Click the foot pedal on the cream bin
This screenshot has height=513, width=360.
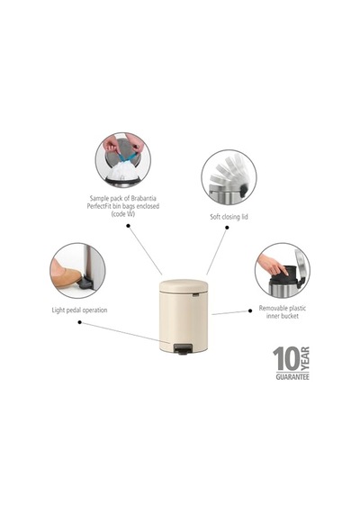tap(181, 349)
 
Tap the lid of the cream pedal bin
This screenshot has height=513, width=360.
tap(184, 285)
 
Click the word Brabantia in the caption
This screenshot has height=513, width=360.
tap(144, 198)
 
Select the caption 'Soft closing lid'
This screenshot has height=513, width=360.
tap(229, 217)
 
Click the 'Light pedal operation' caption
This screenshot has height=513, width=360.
tap(79, 310)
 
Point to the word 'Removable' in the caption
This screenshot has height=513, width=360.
tap(274, 308)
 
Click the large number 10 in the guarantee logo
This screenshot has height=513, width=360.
tap(286, 359)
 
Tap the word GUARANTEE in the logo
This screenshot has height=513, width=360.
tap(292, 377)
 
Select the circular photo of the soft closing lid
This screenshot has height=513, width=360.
tap(229, 177)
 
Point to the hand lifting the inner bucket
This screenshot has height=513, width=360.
tap(272, 265)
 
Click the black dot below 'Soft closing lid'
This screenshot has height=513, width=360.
tap(227, 227)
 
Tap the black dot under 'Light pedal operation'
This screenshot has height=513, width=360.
tap(79, 322)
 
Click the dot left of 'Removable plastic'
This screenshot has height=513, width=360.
tap(250, 310)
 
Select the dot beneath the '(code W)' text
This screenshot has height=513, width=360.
tap(129, 226)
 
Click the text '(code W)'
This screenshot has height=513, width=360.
tap(123, 214)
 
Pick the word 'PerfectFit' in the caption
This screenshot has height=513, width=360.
tap(100, 206)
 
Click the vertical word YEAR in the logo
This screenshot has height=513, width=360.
tap(305, 359)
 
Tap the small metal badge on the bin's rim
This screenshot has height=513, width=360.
tap(195, 295)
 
